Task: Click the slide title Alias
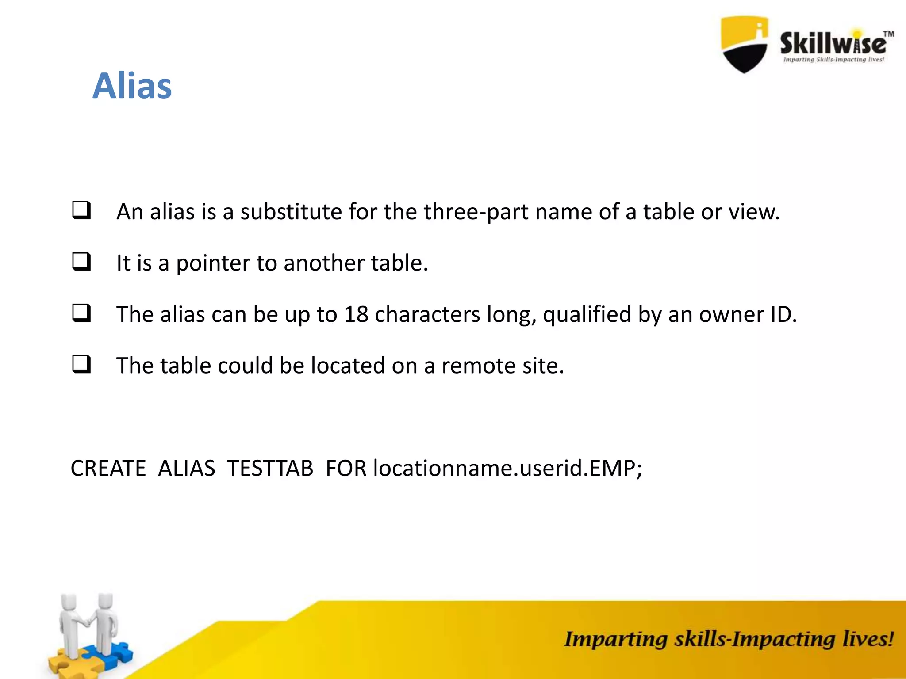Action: pyautogui.click(x=132, y=86)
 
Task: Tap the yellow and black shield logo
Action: pyautogui.click(x=744, y=44)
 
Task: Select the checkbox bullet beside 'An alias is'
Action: pyautogui.click(x=81, y=210)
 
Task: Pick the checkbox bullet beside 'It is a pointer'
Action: pyautogui.click(x=81, y=262)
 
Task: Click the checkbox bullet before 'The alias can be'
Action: pyautogui.click(x=81, y=313)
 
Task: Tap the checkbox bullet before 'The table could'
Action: pyautogui.click(x=81, y=364)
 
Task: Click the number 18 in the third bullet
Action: pyautogui.click(x=356, y=314)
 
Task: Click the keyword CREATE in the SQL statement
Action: pyautogui.click(x=108, y=468)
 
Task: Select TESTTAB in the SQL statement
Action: pyautogui.click(x=270, y=468)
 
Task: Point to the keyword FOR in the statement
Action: pyautogui.click(x=346, y=468)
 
